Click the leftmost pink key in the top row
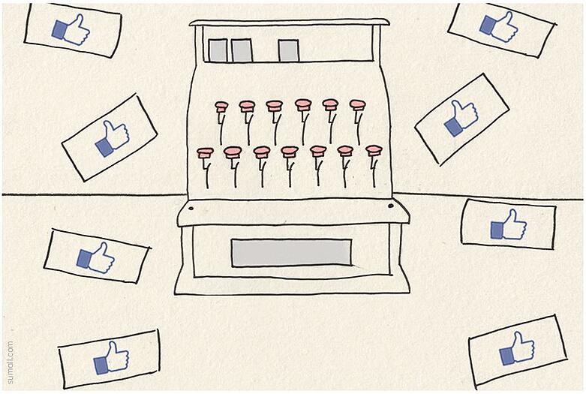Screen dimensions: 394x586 coord(221,107)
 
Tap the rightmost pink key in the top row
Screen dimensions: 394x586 coord(357,105)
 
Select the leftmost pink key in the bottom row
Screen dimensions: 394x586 coord(206,152)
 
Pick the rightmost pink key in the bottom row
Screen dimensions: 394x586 coord(374,150)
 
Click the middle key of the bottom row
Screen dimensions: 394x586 coord(290,152)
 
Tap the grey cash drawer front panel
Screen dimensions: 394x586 coord(290,253)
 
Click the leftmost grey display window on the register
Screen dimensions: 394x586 coord(218,50)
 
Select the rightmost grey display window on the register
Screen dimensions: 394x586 coord(289,50)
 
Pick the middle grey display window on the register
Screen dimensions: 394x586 coord(242,50)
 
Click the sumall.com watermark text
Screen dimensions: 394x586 coord(10,362)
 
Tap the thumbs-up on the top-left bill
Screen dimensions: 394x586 coord(71,30)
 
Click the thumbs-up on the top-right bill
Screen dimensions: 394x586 coord(499,27)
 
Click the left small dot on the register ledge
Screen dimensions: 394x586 coord(191,207)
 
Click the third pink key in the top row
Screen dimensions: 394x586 coord(275,106)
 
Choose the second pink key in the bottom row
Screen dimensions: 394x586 coord(233,152)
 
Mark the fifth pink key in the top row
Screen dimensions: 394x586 coord(330,105)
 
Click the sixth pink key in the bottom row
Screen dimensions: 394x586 coord(345,151)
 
